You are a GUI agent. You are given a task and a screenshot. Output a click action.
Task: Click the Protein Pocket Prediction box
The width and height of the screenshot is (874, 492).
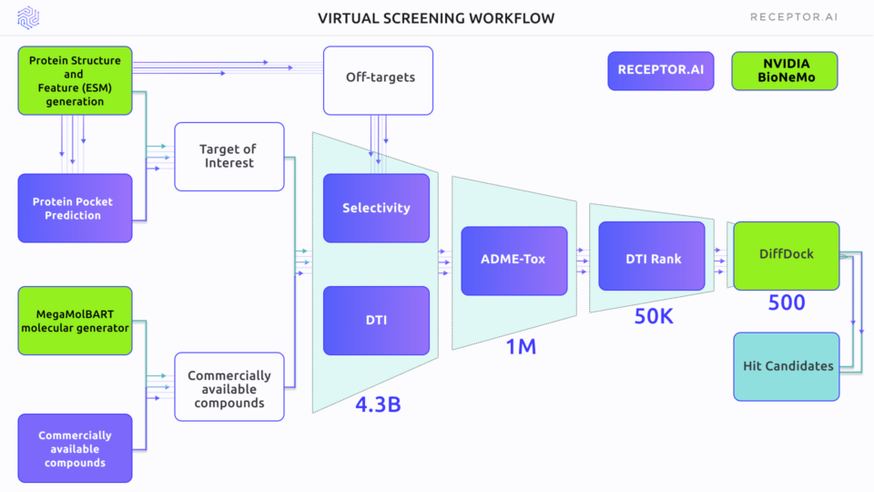[x=75, y=208]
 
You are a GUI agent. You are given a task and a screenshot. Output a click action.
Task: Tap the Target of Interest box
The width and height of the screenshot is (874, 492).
[x=229, y=156]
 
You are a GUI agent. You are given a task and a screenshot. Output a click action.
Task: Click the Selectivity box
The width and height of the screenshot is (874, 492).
[x=376, y=208]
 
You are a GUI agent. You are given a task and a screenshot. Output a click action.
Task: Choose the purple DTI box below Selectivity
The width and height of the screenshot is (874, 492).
[x=376, y=320]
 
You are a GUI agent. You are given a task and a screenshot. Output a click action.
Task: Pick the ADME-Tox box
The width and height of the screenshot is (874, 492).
[x=513, y=260]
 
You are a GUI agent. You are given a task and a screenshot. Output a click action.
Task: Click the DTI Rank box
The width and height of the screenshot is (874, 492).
[x=652, y=259]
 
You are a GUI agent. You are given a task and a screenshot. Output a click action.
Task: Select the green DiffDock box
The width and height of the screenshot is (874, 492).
[x=787, y=255]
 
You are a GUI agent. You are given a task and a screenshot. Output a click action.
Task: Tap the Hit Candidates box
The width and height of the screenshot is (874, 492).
[x=787, y=366]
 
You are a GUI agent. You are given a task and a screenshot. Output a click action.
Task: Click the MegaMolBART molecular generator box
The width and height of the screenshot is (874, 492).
[x=75, y=321]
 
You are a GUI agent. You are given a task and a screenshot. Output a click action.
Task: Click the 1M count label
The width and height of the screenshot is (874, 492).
[x=521, y=347]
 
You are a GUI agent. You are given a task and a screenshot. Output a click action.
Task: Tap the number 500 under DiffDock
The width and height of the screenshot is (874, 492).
[x=787, y=302]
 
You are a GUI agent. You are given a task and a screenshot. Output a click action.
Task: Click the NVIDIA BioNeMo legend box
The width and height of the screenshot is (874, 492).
[x=784, y=71]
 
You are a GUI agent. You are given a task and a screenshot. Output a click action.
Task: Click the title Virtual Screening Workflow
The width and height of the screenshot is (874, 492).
[x=436, y=18]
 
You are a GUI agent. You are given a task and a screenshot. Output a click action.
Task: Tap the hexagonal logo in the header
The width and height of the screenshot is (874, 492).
[x=29, y=17]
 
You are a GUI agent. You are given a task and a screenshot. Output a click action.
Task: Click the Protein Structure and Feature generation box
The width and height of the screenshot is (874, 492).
[x=75, y=80]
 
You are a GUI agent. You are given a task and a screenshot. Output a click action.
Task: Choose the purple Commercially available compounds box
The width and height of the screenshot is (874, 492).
[x=75, y=448]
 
